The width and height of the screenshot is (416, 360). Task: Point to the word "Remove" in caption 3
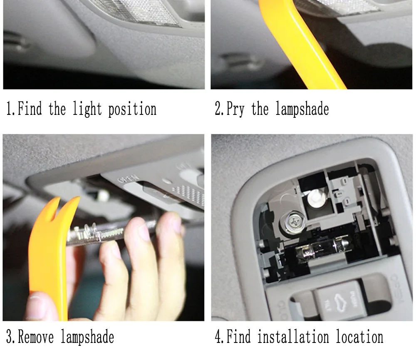(x=36, y=337)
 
